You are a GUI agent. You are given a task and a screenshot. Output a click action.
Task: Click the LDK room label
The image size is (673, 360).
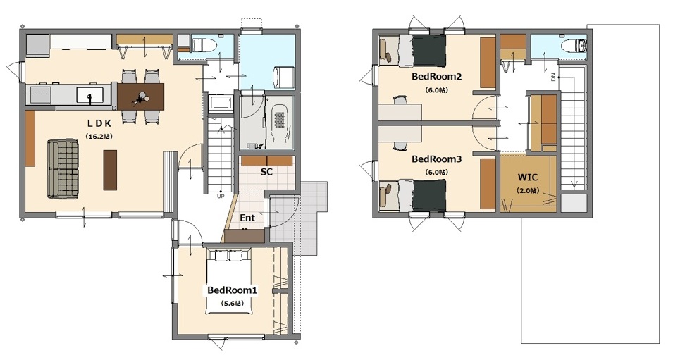(99, 123)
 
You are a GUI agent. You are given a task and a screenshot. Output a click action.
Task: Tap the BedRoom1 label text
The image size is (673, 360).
(232, 290)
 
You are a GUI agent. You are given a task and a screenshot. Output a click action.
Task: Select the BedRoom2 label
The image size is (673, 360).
(436, 77)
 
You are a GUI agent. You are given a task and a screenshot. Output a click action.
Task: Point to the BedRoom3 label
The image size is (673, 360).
(436, 159)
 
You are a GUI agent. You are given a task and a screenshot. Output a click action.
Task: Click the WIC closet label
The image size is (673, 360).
(528, 178)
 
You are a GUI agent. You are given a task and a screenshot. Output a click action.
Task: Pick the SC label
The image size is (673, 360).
(266, 172)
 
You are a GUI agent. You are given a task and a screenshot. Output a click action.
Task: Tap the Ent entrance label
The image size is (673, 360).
(247, 218)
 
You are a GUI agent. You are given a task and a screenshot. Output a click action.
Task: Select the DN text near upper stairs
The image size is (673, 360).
(553, 77)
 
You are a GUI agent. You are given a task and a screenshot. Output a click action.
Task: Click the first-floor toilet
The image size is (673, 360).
(204, 44)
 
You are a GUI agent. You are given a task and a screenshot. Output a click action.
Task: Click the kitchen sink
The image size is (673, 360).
(90, 95)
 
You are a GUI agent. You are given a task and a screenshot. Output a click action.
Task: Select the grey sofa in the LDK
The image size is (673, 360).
(63, 169)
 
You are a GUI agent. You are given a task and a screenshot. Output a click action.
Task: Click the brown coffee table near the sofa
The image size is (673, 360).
(110, 170)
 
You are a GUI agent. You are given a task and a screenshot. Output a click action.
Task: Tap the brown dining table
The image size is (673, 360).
(141, 96)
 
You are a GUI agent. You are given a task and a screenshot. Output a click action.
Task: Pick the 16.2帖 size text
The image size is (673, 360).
(99, 137)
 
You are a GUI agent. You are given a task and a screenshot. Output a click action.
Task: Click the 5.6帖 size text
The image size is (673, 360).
(232, 304)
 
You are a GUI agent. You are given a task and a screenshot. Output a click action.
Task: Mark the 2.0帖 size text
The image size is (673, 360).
(528, 190)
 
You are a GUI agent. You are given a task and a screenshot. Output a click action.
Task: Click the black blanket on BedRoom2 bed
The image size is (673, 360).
(430, 51)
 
